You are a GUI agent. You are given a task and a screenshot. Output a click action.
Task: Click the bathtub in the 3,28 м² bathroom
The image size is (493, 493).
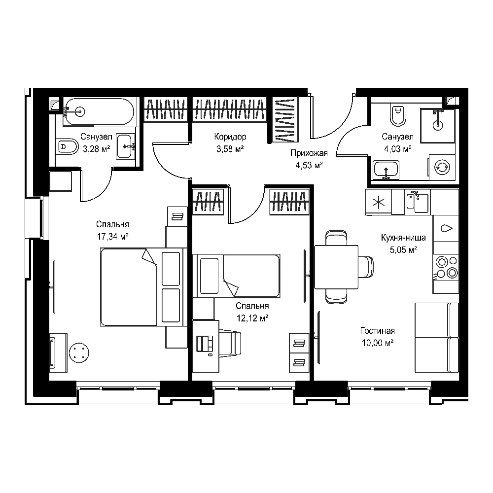(x=99, y=112)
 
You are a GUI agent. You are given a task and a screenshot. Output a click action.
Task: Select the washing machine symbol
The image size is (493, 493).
(x=442, y=167)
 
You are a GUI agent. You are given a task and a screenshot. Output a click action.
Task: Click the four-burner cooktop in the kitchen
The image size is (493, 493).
(x=446, y=267)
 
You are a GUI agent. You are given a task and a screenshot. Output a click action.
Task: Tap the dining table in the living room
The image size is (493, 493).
(x=336, y=267)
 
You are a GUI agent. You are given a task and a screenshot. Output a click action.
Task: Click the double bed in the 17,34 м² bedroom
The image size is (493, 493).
(x=142, y=287)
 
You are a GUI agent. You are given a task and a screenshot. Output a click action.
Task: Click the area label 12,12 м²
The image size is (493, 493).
(x=252, y=318)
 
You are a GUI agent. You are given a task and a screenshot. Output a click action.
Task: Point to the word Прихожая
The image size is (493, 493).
(x=309, y=153)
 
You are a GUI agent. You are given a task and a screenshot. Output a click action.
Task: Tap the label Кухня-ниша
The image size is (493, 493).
(x=403, y=238)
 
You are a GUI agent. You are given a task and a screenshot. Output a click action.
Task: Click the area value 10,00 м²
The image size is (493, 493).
(x=377, y=343)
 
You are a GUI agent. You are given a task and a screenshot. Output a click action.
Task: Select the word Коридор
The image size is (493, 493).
(x=230, y=137)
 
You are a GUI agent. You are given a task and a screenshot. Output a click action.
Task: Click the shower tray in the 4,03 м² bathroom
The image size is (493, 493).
(x=438, y=126)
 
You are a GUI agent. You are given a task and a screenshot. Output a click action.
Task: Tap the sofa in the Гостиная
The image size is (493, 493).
(x=437, y=338)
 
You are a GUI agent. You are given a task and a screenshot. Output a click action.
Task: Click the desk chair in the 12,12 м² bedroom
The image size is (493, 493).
(x=230, y=343)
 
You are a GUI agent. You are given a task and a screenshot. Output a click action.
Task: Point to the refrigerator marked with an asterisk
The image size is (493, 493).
(x=378, y=202)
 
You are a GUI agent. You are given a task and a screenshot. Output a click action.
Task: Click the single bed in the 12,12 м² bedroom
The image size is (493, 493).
(x=236, y=276)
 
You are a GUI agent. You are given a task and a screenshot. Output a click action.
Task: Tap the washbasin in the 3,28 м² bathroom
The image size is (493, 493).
(x=126, y=146)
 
